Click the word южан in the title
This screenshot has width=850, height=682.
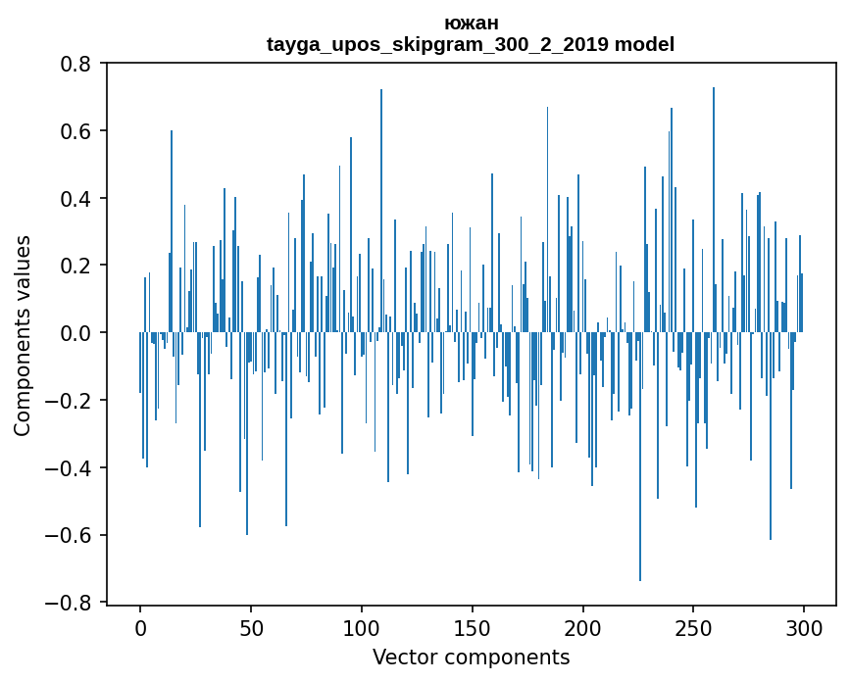[x=471, y=24]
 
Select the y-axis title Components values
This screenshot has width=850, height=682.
[x=23, y=335]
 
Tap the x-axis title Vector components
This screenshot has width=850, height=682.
[x=471, y=658]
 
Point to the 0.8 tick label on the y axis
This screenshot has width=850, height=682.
[x=75, y=64]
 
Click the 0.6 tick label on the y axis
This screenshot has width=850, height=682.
[x=75, y=131]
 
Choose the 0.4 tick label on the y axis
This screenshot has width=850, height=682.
[x=75, y=199]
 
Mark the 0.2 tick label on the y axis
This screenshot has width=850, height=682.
[x=75, y=266]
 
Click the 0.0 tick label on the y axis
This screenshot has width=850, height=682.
[x=75, y=333]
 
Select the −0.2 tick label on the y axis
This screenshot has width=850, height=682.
[x=69, y=401]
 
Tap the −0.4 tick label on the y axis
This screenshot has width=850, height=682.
[x=69, y=468]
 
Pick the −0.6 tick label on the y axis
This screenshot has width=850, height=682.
[x=69, y=535]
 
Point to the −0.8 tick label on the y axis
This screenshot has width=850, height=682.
[x=69, y=603]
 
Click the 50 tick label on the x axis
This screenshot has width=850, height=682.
[x=251, y=627]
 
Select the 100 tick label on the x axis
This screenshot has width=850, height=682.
[x=362, y=627]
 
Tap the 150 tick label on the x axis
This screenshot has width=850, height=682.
[x=473, y=627]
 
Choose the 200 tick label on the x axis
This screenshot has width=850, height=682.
[x=583, y=627]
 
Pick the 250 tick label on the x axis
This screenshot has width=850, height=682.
[x=694, y=627]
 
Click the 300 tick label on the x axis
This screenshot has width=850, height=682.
[x=805, y=627]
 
